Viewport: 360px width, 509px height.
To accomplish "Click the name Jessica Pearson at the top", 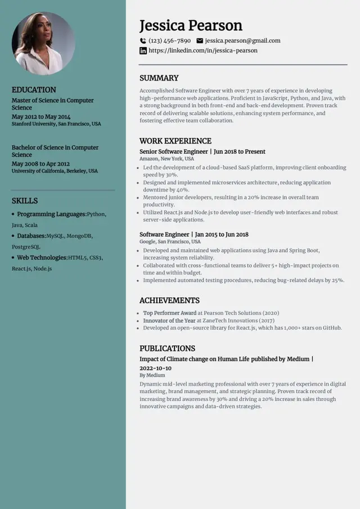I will point(191,25).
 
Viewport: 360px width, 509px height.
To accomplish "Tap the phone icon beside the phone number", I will point(143,40).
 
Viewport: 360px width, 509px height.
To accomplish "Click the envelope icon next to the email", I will point(200,40).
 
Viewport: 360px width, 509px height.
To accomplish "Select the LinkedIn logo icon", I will point(143,51).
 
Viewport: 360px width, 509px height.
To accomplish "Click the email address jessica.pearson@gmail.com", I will point(242,40).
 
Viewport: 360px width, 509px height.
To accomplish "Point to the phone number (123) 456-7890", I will point(169,40).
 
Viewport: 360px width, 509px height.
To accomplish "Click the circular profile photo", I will point(43,43).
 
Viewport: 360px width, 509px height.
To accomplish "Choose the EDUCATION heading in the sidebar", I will point(34,89).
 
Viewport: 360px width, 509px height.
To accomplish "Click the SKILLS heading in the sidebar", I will point(25,201).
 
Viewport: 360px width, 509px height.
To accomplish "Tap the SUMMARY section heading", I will point(159,78).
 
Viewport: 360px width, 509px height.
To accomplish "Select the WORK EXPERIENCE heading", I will point(175,141).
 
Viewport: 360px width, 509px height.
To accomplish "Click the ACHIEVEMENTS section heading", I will point(169,300).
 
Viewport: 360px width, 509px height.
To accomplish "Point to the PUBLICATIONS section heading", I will point(167,348).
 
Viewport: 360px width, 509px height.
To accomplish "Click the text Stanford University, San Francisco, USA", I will point(56,124).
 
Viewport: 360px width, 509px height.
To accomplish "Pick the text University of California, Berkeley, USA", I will point(55,171).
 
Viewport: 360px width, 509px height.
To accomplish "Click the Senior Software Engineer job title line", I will point(202,151).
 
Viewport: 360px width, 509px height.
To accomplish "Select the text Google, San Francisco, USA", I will point(170,241).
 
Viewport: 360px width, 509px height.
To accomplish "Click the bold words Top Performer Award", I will point(169,313).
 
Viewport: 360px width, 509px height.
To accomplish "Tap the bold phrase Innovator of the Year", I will point(169,320).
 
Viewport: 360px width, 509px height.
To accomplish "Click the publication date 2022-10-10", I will point(155,368).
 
